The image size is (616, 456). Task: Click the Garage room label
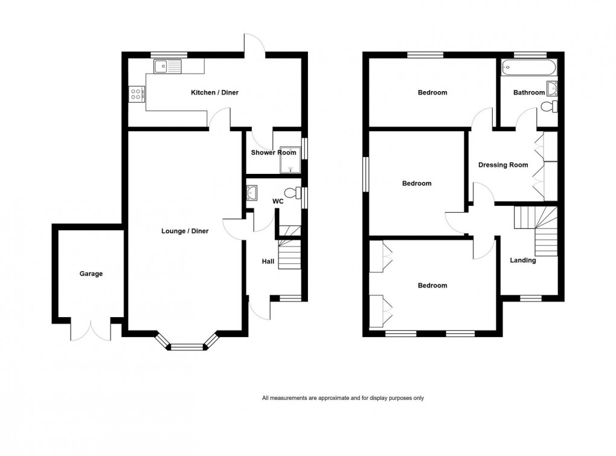click(x=91, y=274)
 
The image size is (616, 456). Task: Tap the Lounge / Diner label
click(x=185, y=231)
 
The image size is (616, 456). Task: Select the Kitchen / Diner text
click(x=214, y=92)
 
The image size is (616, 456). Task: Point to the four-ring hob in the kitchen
click(x=136, y=94)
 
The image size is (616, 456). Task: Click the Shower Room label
click(x=274, y=153)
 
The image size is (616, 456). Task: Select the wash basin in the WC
click(x=252, y=193)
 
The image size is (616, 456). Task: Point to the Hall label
click(x=268, y=262)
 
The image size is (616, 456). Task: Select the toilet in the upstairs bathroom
click(x=549, y=107)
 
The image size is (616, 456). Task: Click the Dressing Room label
click(x=502, y=165)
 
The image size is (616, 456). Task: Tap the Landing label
click(x=522, y=260)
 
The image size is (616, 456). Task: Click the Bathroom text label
click(x=528, y=92)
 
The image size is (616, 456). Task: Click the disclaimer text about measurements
click(x=343, y=398)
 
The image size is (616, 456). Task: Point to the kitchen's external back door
click(x=254, y=45)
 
